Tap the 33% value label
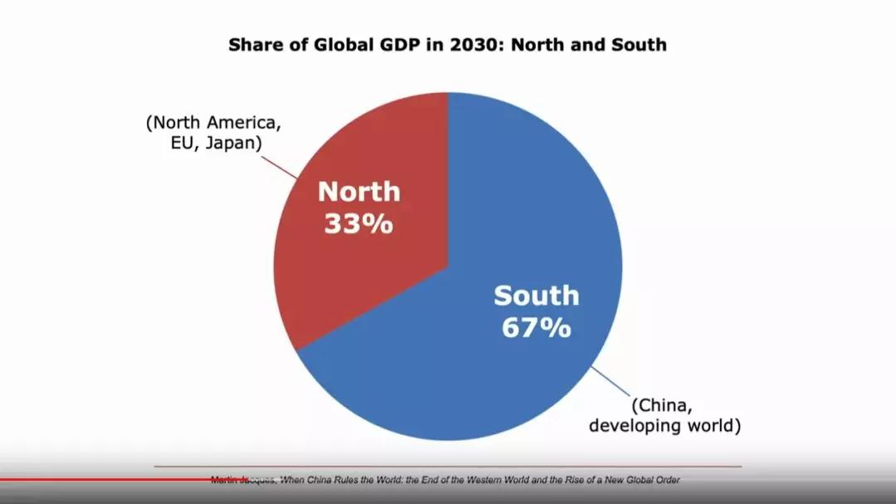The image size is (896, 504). click(358, 224)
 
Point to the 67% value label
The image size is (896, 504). click(536, 327)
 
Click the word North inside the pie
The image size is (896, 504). click(358, 192)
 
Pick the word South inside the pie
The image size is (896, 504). click(536, 295)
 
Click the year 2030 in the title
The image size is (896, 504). click(477, 45)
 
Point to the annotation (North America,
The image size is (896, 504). click(214, 123)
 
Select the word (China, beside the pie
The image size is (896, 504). click(661, 406)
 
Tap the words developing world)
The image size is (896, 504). click(665, 426)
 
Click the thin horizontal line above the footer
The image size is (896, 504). click(448, 467)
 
